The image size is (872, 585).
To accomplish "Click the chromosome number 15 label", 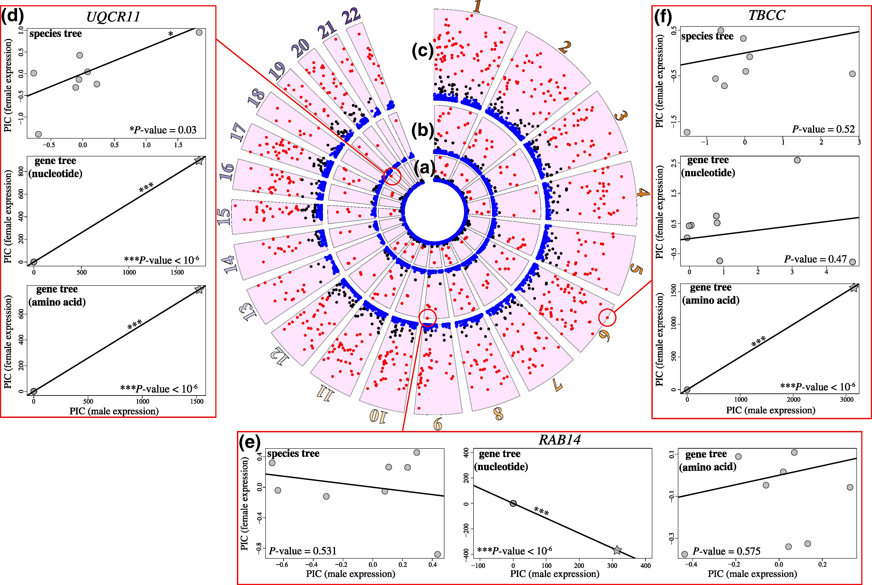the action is point(224,216).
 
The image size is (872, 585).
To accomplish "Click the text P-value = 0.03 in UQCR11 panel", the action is point(163,130).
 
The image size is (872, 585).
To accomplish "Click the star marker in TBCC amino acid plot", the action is point(854,287).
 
